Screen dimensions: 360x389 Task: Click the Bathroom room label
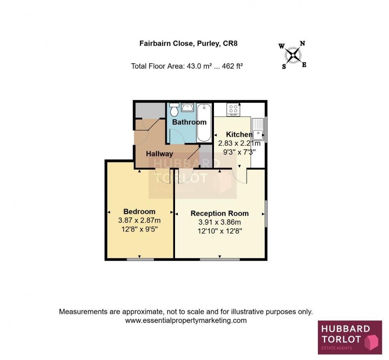[189, 122]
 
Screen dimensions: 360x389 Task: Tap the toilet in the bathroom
[174, 109]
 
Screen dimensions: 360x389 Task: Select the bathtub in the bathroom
[204, 122]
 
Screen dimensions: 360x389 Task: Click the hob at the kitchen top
[233, 109]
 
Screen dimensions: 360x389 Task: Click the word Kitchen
[239, 134]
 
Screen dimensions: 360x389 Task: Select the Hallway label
[160, 154]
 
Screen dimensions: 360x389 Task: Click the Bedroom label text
[139, 211]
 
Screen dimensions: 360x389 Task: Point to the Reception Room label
[220, 213]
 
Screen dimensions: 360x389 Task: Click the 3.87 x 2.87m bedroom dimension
[139, 220]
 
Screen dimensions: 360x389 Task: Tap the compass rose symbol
[293, 55]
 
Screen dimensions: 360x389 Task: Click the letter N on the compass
[302, 44]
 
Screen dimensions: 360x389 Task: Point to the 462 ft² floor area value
[232, 66]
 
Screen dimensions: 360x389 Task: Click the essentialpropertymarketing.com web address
[186, 320]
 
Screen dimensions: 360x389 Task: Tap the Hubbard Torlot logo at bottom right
[349, 337]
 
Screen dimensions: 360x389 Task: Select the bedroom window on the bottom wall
[140, 260]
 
